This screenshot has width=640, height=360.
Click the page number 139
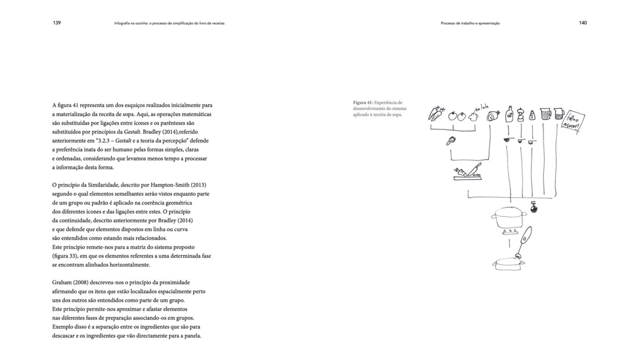57,23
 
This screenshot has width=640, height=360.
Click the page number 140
583,23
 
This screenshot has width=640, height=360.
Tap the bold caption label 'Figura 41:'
363,103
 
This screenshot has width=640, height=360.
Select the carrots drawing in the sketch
436,114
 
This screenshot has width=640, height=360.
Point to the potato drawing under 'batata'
474,116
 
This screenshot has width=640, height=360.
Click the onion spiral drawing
493,116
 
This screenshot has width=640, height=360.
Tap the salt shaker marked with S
532,115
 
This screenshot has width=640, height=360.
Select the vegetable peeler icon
450,141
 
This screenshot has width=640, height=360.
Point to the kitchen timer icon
533,208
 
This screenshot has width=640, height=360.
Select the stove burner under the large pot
509,232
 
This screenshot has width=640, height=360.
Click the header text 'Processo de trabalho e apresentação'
470,23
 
